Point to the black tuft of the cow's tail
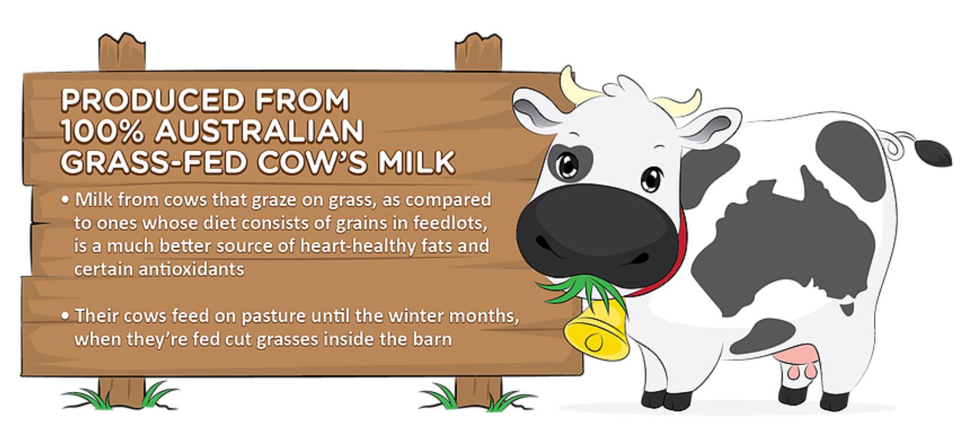click(933, 153)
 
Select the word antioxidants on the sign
click(191, 270)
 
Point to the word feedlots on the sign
click(450, 223)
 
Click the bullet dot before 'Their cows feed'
click(65, 316)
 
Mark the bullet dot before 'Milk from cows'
click(65, 200)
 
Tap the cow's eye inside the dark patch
click(567, 166)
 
